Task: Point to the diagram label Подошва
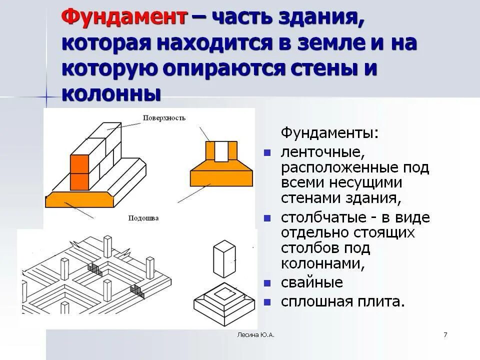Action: [x=143, y=218]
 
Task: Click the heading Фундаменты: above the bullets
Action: [x=330, y=133]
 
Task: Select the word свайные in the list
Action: [x=312, y=282]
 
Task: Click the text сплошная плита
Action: [x=342, y=301]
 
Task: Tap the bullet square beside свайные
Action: [x=267, y=283]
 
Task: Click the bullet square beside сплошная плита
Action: [x=267, y=302]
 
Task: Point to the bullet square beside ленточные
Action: [x=267, y=151]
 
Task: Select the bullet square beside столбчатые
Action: [x=267, y=218]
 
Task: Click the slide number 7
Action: [x=445, y=334]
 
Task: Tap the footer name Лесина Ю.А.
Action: [x=255, y=334]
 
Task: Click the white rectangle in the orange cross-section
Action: [x=221, y=151]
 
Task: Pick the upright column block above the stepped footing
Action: [x=223, y=258]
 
